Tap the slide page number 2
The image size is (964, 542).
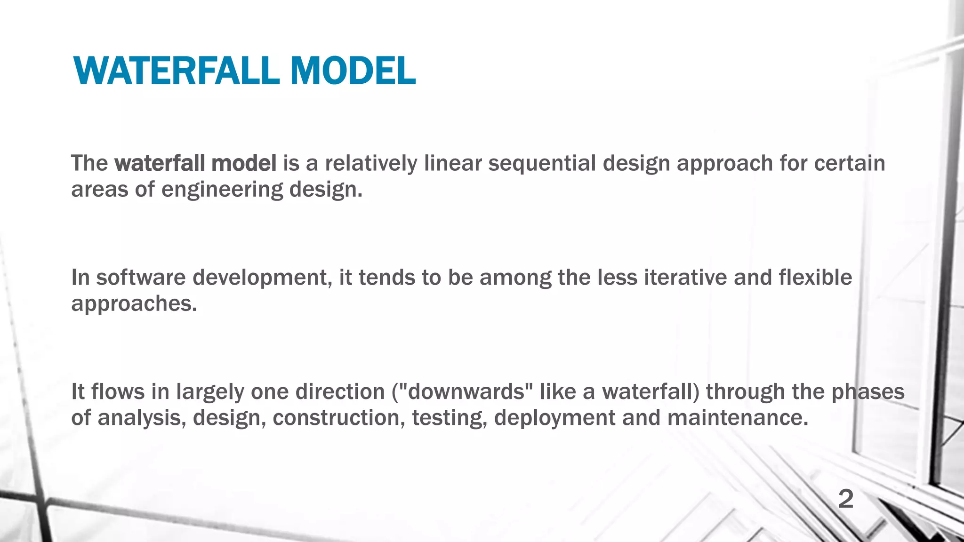tap(845, 499)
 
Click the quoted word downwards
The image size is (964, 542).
tap(466, 392)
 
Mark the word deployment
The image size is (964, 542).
tap(554, 418)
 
